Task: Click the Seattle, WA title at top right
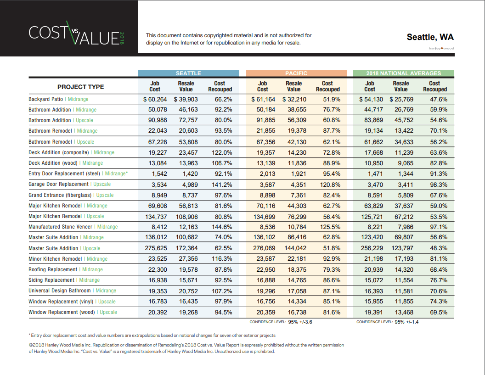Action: coord(430,37)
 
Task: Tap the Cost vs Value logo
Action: coord(76,33)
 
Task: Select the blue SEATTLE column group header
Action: coord(188,73)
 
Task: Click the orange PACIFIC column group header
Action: coord(296,73)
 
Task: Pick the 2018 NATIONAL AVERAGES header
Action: coord(404,73)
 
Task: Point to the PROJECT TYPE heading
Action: coord(80,87)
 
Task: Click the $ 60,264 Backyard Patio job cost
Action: coord(155,99)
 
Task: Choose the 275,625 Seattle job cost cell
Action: coord(156,248)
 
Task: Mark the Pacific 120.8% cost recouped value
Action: coord(330,185)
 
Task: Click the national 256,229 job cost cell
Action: coord(372,248)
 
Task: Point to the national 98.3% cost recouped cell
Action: coord(439,185)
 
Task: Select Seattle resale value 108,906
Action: coord(187,217)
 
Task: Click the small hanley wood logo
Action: coord(441,48)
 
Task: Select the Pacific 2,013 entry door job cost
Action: coord(267,174)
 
